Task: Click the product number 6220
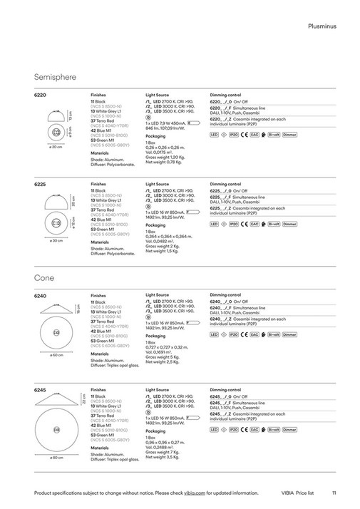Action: (41, 93)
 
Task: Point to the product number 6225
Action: (41, 183)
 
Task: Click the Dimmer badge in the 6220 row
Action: (289, 134)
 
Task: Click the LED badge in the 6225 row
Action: (215, 224)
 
